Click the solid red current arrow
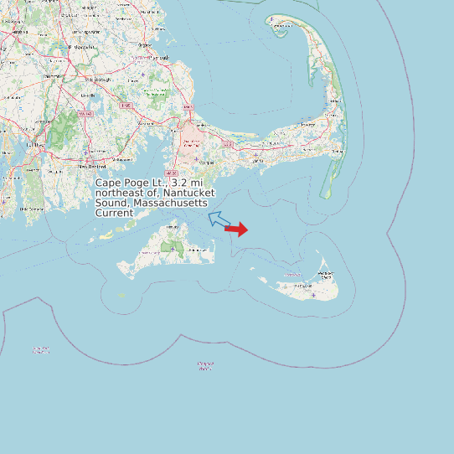(x=237, y=229)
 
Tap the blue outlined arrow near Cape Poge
(x=219, y=220)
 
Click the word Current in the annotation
(x=114, y=213)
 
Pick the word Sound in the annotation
(x=113, y=203)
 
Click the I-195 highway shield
(x=126, y=106)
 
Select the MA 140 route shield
(x=85, y=113)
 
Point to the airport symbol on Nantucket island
(x=313, y=294)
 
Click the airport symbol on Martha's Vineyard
(x=172, y=249)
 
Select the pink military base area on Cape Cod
(x=192, y=137)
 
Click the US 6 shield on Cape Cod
(x=226, y=144)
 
